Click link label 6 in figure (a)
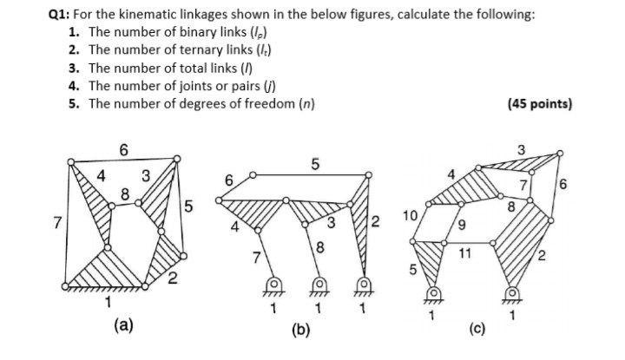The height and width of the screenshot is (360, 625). pos(124,150)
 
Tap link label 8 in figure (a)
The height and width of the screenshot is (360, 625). pos(126,195)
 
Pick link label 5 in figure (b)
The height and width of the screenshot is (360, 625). pos(314,163)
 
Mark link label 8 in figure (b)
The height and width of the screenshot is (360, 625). pos(319,250)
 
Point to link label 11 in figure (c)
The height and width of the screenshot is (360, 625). pos(465,254)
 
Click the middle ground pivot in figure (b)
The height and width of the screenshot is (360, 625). pos(319,285)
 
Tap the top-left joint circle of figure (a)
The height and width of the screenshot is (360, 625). pos(69,160)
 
